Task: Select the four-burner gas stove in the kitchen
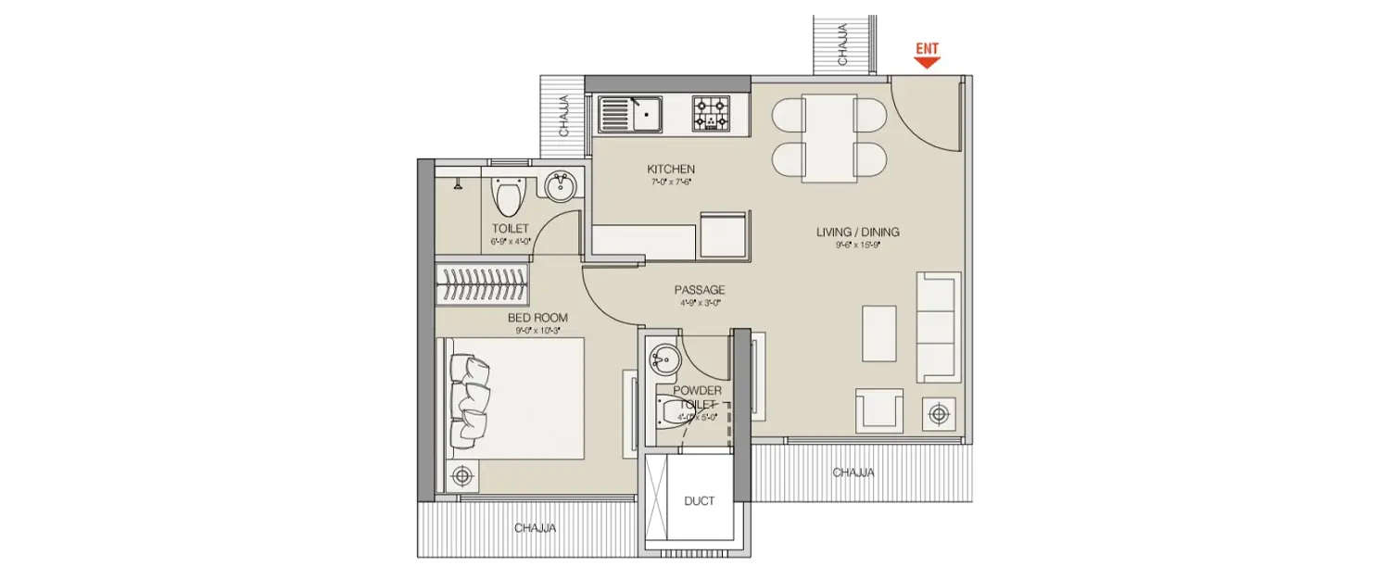point(711,114)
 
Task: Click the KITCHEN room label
point(671,170)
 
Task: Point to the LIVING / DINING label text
point(857,232)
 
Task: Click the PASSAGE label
point(699,290)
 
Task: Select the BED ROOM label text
point(537,318)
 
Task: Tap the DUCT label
point(700,501)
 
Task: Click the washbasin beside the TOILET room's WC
point(561,188)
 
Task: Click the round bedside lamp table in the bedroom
point(461,476)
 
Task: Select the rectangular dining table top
point(828,138)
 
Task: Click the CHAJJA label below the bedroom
point(535,528)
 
